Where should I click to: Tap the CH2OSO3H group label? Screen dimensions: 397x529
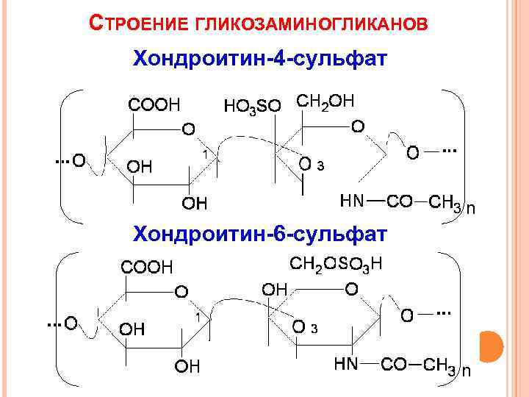pyautogui.click(x=337, y=264)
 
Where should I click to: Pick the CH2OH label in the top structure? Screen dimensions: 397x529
pyautogui.click(x=326, y=100)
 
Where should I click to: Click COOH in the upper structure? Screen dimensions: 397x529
pyautogui.click(x=154, y=104)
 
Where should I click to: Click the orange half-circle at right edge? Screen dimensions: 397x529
pyautogui.click(x=491, y=346)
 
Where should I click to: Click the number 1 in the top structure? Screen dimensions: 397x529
pyautogui.click(x=207, y=151)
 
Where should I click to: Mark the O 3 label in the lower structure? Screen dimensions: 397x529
pyautogui.click(x=304, y=326)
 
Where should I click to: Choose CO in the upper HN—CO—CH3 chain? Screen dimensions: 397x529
pyautogui.click(x=399, y=201)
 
